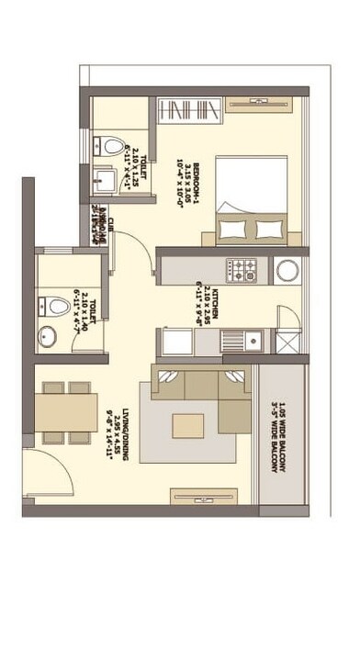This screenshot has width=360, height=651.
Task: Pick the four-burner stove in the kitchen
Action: [243, 270]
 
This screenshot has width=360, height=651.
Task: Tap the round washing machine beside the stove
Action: [287, 270]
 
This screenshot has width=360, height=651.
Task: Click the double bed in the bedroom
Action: [252, 200]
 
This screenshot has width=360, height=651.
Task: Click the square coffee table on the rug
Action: [189, 425]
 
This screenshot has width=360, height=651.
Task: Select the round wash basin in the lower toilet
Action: [46, 338]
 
